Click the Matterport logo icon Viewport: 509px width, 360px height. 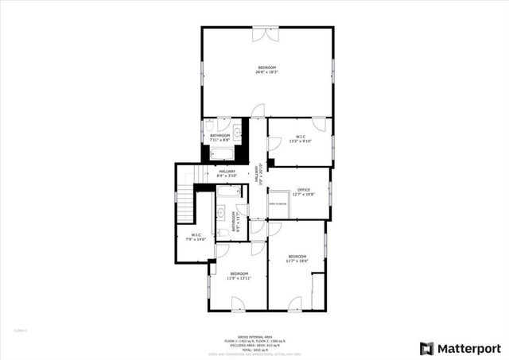click(x=426, y=348)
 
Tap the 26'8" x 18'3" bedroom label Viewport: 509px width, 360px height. click(x=266, y=70)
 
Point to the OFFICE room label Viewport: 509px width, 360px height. click(x=303, y=192)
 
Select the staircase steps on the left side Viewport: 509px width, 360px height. click(x=185, y=205)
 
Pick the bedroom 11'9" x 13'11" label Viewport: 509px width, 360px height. click(x=239, y=277)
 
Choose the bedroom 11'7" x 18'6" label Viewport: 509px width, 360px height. click(x=297, y=257)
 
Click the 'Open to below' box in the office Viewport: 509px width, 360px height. click(x=278, y=203)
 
